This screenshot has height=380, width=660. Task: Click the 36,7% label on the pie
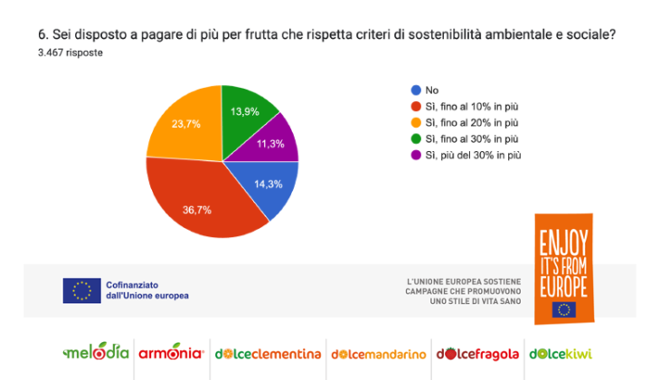[197, 210]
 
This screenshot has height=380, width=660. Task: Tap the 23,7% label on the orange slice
[186, 124]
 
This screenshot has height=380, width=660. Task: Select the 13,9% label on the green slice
[245, 110]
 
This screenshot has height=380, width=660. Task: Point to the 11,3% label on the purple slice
[271, 143]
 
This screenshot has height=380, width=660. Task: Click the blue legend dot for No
[416, 90]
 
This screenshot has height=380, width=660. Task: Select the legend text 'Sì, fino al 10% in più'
[472, 106]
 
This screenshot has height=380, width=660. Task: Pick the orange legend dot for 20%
[416, 122]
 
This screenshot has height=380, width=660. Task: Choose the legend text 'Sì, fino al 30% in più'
[472, 138]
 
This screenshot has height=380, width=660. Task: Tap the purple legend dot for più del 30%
[416, 155]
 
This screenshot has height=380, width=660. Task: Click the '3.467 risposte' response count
[71, 52]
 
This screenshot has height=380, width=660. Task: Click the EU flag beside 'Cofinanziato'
[81, 290]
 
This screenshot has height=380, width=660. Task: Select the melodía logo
[96, 352]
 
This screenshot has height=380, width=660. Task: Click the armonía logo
[171, 352]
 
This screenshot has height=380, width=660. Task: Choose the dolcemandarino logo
[379, 353]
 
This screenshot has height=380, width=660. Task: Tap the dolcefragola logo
[478, 353]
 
